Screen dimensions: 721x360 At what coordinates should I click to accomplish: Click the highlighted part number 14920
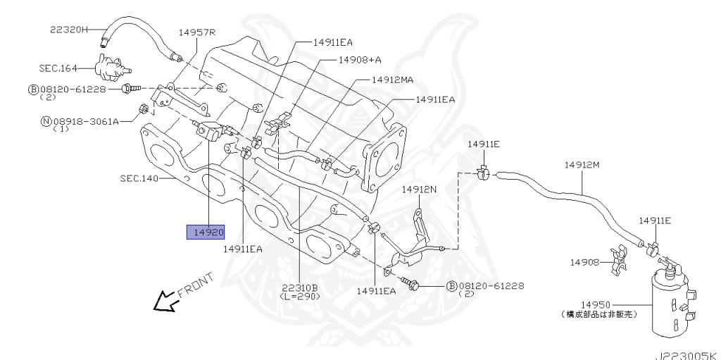coord(206,232)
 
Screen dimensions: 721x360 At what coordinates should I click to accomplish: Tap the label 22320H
coord(69,30)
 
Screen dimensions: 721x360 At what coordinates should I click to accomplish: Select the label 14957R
coord(196,32)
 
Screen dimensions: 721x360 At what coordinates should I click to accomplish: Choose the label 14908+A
coord(359,61)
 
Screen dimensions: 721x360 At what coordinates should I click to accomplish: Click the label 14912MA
coord(392,80)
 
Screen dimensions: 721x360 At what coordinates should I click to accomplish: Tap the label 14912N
coord(419,190)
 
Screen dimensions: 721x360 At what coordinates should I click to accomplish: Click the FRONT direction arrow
coord(166,301)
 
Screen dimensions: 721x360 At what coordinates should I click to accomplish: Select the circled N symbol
coord(46,121)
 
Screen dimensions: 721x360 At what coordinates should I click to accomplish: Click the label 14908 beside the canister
coord(584,262)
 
